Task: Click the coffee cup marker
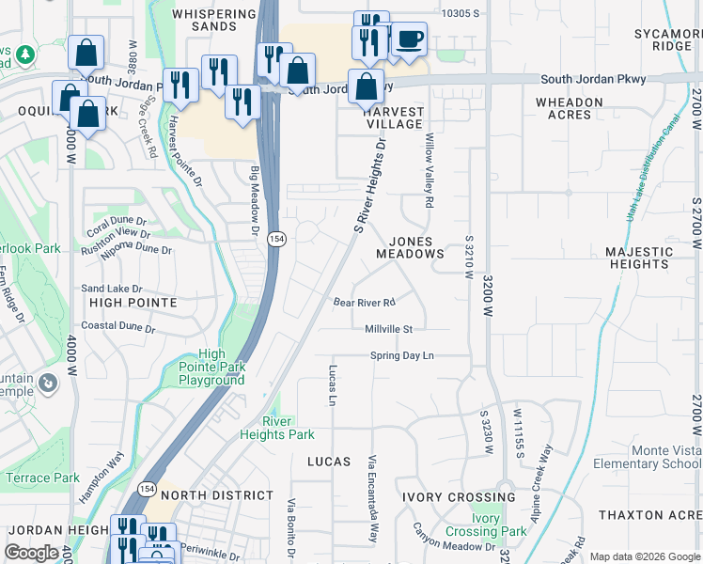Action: [x=409, y=39]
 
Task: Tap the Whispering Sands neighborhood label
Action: [x=213, y=21]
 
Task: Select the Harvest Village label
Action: [x=394, y=117]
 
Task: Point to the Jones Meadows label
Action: [x=410, y=248]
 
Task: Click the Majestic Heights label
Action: [x=638, y=258]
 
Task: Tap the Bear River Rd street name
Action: [x=364, y=303]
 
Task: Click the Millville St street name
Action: [x=389, y=329]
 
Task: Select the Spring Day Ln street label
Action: [x=401, y=355]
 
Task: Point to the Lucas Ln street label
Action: [x=333, y=385]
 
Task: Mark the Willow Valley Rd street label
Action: [x=429, y=170]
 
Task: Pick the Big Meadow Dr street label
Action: [x=254, y=200]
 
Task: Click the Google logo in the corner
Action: [x=31, y=553]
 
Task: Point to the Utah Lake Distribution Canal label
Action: [x=648, y=170]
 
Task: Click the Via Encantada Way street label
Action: [x=372, y=498]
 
